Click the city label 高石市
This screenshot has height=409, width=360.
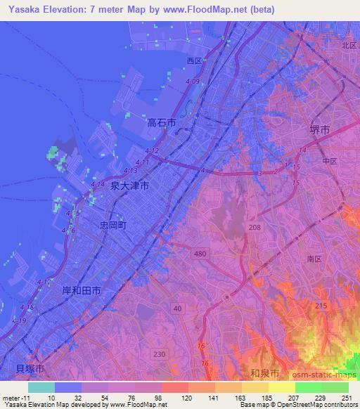(161, 122)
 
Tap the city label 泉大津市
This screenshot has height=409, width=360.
(129, 186)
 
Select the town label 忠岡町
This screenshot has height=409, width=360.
(112, 226)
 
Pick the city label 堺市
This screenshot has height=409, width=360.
(320, 130)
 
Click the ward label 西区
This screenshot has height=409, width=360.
(194, 61)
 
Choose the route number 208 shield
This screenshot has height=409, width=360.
(254, 227)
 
